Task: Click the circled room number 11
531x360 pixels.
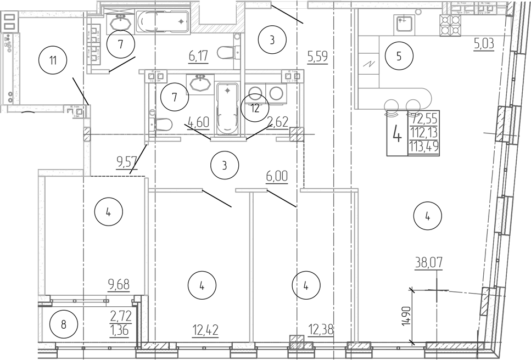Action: click(53, 60)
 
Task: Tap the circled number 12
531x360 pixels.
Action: click(254, 108)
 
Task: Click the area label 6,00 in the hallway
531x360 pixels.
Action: click(277, 177)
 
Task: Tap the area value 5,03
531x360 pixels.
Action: click(483, 43)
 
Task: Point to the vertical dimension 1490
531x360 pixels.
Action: click(405, 317)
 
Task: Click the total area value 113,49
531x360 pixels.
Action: click(423, 147)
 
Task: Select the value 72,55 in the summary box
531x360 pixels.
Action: click(423, 117)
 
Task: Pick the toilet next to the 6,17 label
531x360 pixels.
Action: click(227, 53)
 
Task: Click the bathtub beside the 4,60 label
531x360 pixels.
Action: click(227, 109)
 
